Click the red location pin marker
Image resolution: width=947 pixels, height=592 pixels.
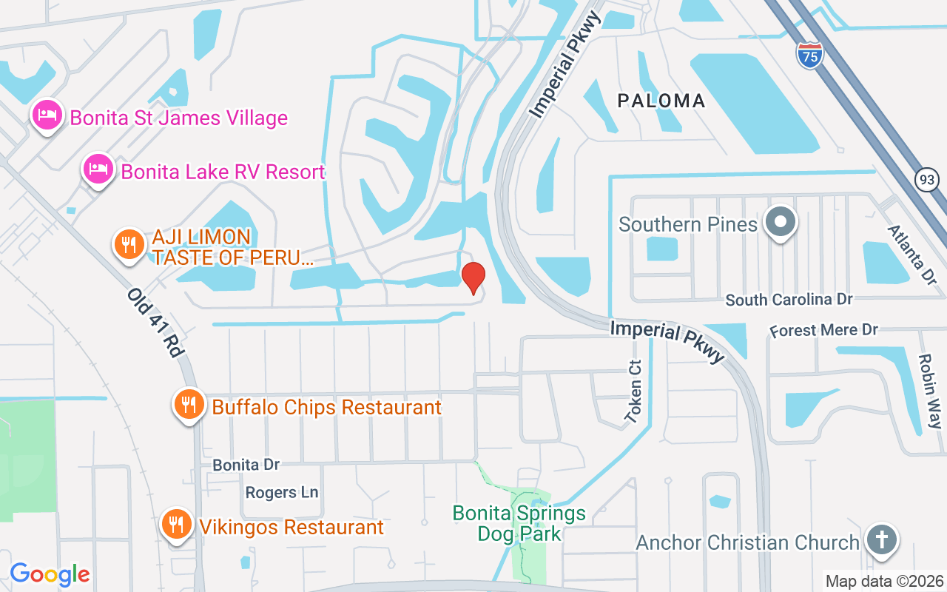point(473,277)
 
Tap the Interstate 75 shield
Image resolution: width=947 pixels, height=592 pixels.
point(810,55)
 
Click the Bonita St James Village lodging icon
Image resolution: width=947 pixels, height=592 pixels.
point(47,116)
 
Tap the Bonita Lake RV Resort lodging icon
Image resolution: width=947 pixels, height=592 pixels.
point(98,170)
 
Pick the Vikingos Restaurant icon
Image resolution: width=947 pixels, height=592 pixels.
point(176,525)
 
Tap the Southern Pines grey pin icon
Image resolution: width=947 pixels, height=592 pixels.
point(779,222)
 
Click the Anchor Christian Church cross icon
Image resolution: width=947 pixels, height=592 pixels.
point(880,540)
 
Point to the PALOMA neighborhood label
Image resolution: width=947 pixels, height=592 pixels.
point(661,101)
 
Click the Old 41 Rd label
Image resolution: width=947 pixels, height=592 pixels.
point(155,323)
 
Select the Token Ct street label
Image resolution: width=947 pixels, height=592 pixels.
point(634,392)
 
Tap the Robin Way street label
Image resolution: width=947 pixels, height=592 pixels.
point(929,391)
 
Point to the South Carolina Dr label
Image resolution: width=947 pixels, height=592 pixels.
point(789,300)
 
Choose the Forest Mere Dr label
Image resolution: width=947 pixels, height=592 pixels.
point(823,330)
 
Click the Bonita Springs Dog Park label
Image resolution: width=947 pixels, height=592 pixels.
point(519,522)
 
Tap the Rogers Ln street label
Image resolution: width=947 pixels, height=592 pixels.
point(282,492)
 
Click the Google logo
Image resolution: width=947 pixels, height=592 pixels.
point(50,574)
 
